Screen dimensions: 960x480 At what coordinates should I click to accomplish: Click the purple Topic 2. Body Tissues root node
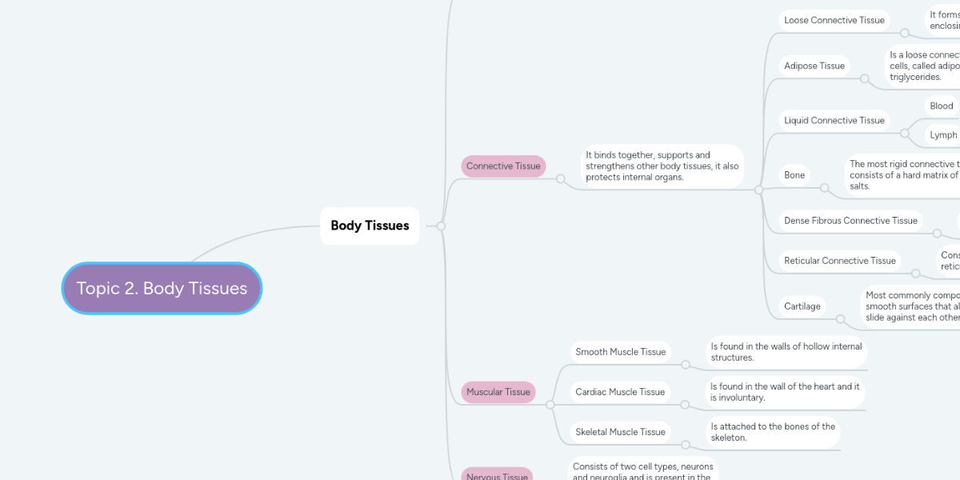coord(162,288)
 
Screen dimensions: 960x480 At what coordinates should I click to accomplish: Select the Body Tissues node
coord(370,226)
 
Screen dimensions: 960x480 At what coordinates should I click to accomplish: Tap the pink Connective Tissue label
coord(503,166)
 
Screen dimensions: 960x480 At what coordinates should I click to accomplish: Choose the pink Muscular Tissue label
coord(498,392)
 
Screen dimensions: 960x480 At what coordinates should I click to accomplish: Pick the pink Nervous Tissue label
coord(497,475)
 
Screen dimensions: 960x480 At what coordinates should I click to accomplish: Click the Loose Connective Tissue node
coord(834,21)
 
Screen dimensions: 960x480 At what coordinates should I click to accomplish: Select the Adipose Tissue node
coord(814,66)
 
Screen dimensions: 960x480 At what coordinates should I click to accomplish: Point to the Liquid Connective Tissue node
coord(834,121)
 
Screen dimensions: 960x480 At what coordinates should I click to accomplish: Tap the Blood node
coord(942,106)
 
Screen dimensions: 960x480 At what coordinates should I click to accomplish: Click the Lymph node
coord(942,135)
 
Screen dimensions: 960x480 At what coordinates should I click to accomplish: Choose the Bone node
coord(794,175)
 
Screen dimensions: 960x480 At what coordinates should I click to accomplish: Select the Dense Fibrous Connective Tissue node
coord(850,221)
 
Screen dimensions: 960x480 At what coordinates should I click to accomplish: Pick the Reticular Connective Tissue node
coord(840,261)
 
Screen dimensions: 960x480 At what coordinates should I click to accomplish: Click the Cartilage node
coord(802,306)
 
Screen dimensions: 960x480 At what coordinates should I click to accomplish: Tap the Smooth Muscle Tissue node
coord(621,352)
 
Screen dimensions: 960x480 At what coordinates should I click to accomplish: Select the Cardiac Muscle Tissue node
coord(620,392)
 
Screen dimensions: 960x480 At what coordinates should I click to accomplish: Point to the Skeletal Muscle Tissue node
coord(621,432)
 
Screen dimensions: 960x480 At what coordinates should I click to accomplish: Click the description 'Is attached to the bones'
coord(773,432)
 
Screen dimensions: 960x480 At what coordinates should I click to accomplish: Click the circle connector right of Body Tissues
coord(441,226)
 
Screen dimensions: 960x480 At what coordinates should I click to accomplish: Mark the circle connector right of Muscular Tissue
coord(550,405)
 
